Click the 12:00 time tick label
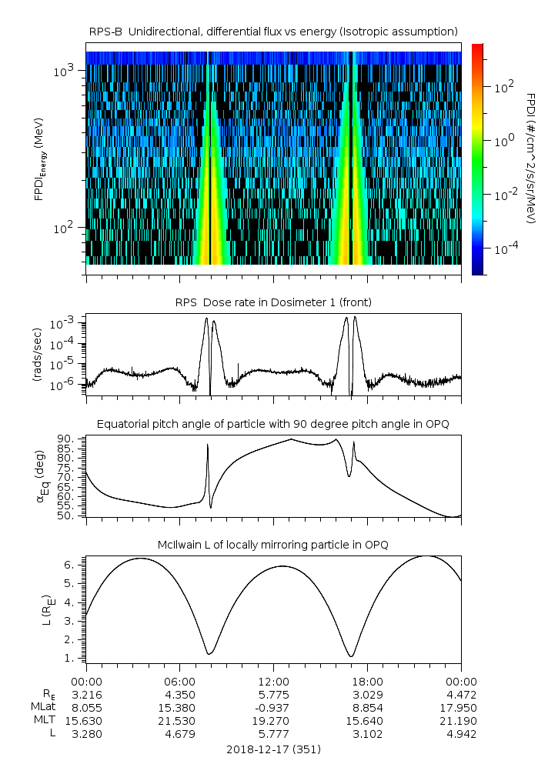(273, 681)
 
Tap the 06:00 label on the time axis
(179, 681)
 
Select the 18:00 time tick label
(367, 681)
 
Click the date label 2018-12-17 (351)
(273, 749)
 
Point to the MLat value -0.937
(273, 707)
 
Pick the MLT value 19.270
(273, 720)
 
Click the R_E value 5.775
(273, 694)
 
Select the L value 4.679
(179, 733)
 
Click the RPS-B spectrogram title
(273, 31)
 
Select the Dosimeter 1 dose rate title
(273, 302)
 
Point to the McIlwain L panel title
(273, 545)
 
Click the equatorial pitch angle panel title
(273, 424)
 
